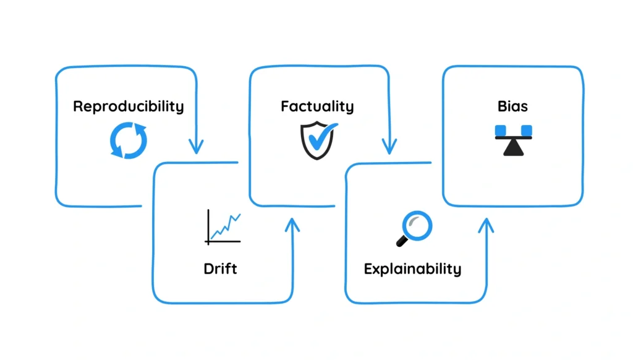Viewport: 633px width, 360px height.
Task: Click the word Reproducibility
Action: (128, 106)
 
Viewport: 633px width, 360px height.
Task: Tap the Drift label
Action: (220, 269)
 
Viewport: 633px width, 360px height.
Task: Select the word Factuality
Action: (317, 106)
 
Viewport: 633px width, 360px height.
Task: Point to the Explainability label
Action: (412, 269)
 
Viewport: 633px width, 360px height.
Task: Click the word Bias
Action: (512, 106)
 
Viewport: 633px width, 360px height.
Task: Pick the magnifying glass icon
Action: (413, 228)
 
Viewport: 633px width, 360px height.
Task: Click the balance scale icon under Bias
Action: (513, 140)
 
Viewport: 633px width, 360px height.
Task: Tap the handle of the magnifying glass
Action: (402, 240)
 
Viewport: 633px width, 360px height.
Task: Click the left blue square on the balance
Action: (500, 130)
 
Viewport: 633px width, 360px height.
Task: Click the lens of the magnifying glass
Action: (418, 223)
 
